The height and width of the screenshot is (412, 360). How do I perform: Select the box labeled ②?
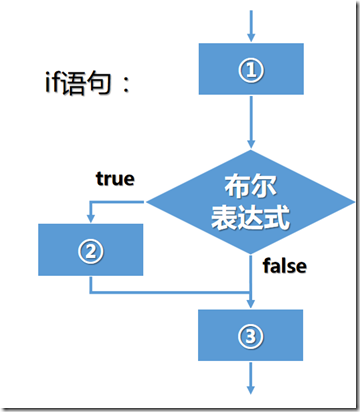[x=90, y=249]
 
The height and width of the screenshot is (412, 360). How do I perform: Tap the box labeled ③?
[x=251, y=335]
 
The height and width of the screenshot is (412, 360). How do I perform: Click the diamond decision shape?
[x=250, y=203]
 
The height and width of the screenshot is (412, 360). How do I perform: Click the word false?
[x=284, y=266]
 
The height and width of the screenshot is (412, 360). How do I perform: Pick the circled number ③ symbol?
[x=251, y=335]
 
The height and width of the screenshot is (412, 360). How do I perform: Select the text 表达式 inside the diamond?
[x=251, y=216]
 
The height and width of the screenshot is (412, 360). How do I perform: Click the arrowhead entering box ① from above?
[x=251, y=37]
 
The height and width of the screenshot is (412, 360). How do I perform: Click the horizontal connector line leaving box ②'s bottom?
[x=170, y=292]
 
